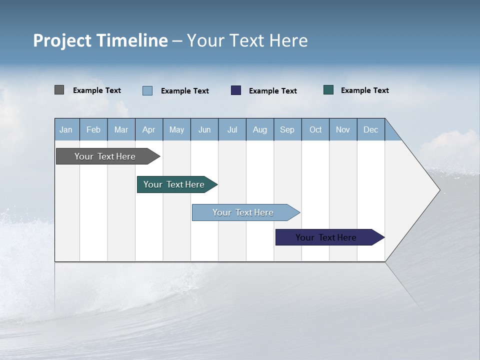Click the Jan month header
tap(66, 129)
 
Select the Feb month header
tap(93, 129)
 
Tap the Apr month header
tap(149, 129)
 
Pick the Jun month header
tap(204, 129)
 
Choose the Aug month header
tap(260, 129)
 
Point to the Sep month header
tap(287, 129)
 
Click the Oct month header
tap(315, 129)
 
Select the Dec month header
tap(371, 129)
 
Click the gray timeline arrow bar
tap(105, 156)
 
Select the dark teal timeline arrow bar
tap(174, 184)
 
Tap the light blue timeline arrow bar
tap(243, 212)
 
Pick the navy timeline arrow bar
tap(326, 237)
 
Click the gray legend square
tap(59, 90)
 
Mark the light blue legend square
tap(147, 90)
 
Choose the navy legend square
tap(236, 90)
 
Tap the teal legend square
tap(328, 90)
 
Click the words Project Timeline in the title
tap(100, 40)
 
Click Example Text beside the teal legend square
tap(364, 90)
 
